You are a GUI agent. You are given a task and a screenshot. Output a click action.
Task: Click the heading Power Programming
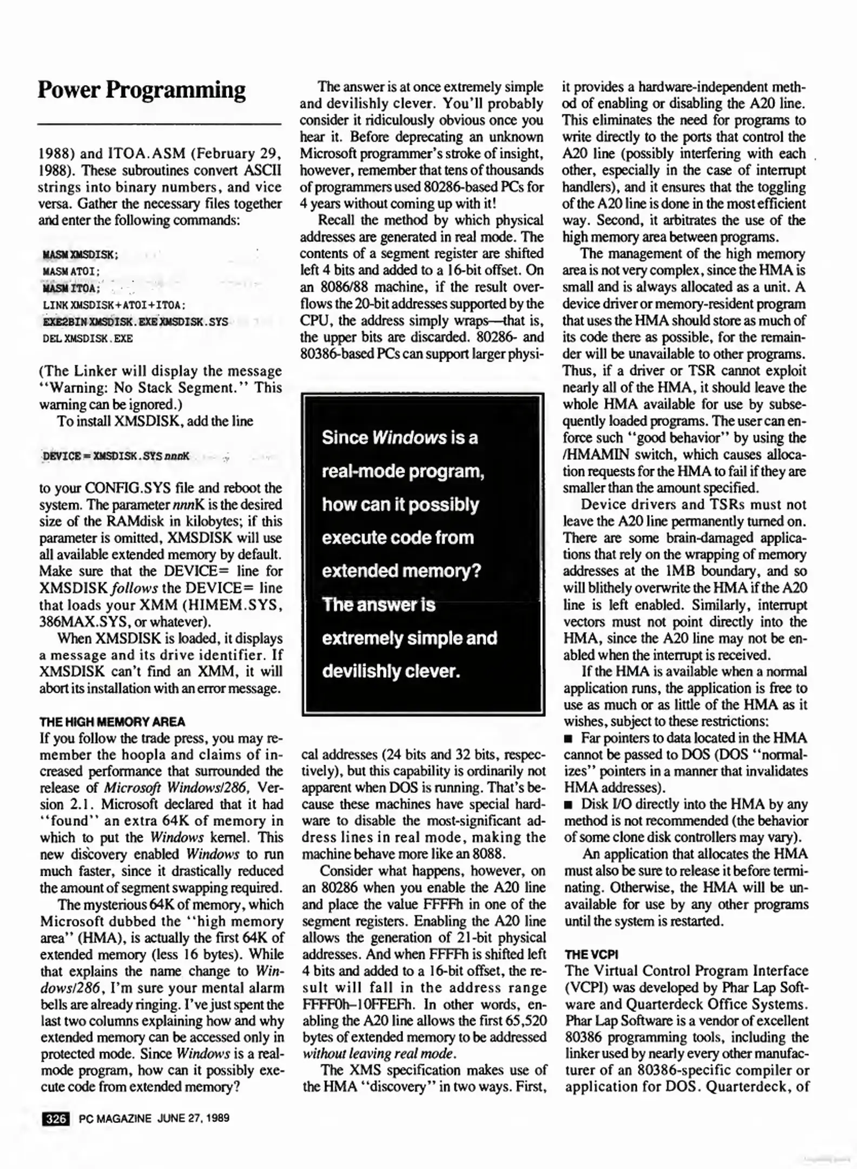141,90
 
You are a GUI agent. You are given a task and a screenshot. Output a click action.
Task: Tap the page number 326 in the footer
55,1118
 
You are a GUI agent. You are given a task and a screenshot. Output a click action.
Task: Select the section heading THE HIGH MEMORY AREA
112,721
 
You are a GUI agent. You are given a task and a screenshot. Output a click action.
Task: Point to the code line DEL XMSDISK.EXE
88,339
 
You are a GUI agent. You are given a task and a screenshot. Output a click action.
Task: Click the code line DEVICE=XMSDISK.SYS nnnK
116,456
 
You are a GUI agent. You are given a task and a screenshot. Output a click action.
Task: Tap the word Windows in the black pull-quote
410,437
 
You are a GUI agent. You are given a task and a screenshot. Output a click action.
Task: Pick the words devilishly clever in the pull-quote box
391,671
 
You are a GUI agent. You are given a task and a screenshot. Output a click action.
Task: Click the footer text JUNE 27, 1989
193,1118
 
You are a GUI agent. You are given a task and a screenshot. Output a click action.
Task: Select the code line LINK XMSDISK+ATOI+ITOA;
114,305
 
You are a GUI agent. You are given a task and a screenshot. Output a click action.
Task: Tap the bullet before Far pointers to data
568,738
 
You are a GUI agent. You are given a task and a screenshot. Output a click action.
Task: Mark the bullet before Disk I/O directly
568,805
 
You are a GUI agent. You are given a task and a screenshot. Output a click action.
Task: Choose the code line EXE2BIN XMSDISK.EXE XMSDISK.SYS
135,322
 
